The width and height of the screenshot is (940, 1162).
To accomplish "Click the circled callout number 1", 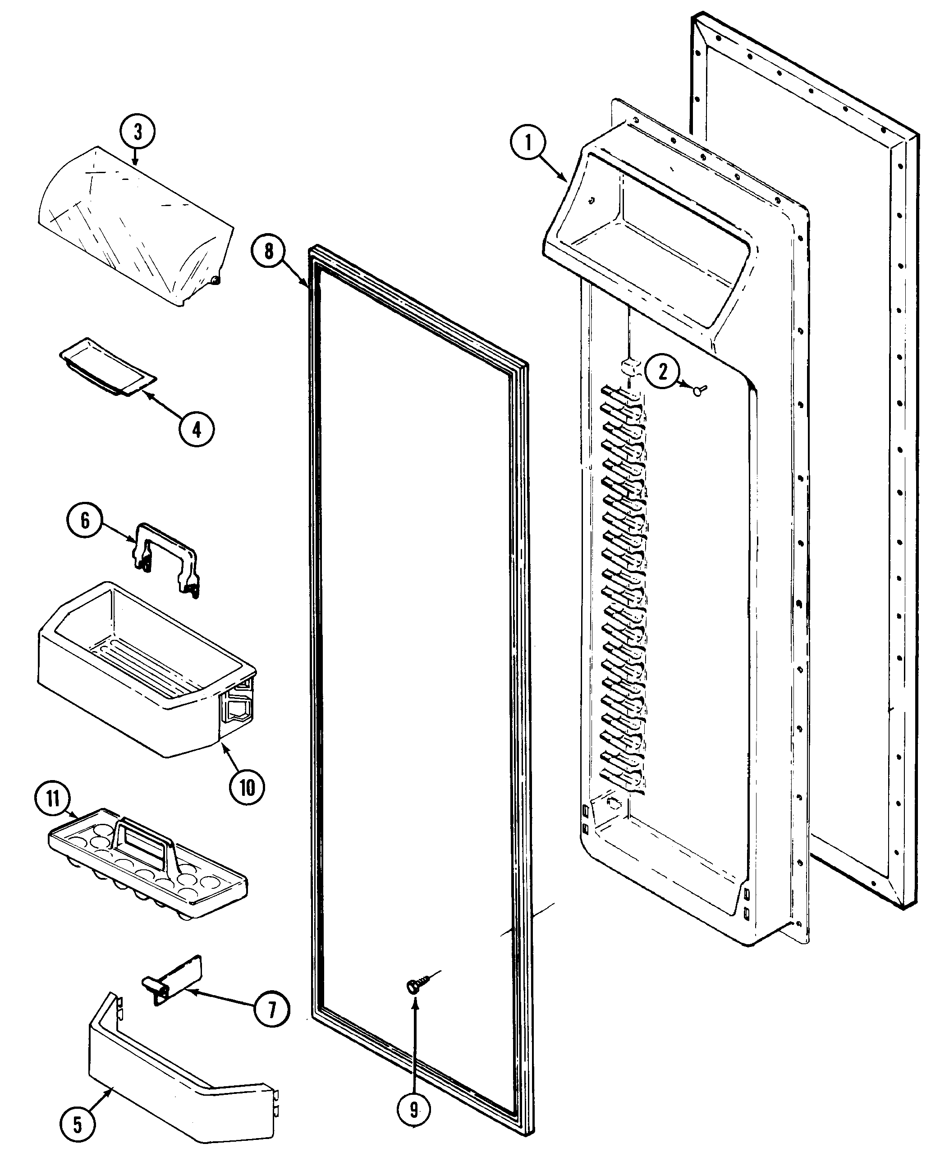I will click(528, 143).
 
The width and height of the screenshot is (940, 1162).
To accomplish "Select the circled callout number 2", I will click(663, 372).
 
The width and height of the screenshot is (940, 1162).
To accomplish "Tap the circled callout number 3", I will click(138, 132).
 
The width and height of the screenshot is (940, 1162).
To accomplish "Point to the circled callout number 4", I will click(197, 429).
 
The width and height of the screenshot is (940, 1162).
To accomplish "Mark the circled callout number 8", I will click(269, 252).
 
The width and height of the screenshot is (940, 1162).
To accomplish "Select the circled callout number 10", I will click(247, 787).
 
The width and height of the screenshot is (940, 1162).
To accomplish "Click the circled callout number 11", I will click(53, 798).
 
